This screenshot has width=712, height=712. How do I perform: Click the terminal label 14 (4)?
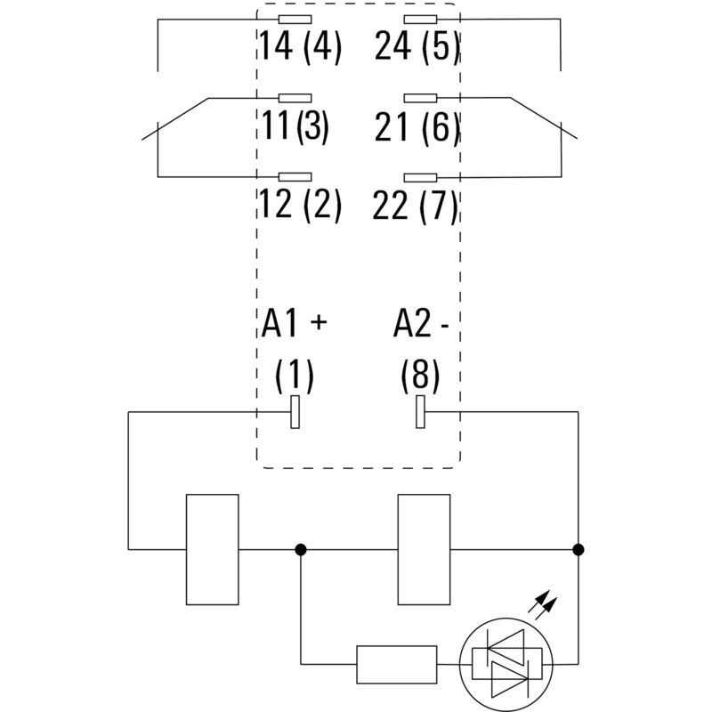[x=300, y=45]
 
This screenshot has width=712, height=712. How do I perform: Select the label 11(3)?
[x=295, y=126]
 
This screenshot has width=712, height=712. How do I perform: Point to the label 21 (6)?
[x=417, y=127]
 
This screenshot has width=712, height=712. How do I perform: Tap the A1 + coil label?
[x=295, y=325]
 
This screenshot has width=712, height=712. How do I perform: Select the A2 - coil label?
[x=420, y=325]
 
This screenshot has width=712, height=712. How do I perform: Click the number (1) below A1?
[x=294, y=376]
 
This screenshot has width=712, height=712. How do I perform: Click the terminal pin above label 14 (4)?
[x=295, y=19]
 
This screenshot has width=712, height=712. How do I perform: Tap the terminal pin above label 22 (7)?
[x=420, y=178]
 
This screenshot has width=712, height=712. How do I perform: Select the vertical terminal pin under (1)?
[x=295, y=413]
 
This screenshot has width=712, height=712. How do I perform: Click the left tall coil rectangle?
[x=212, y=549]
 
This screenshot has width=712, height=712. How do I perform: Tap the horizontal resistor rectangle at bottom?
[x=396, y=663]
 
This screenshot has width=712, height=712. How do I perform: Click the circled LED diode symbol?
[x=505, y=663]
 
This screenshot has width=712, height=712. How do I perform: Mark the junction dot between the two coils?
[x=301, y=549]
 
